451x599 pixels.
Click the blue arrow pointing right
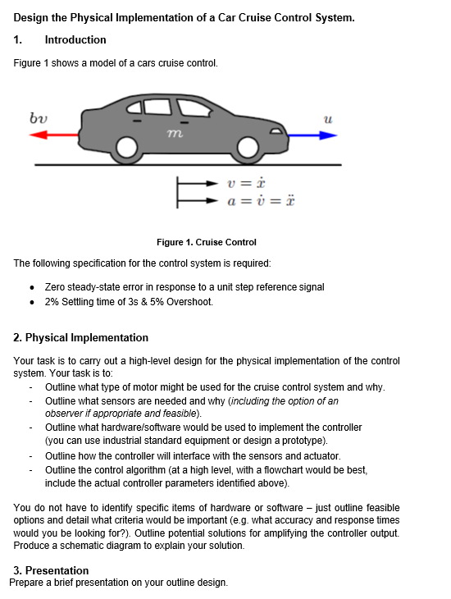coord(312,136)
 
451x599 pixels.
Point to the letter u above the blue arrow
coord(326,120)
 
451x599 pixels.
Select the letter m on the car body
coord(173,132)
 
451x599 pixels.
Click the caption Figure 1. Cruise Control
coord(206,242)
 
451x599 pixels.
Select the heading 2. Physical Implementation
coord(81,337)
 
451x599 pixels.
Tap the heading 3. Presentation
coord(51,570)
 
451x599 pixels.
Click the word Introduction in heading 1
coord(75,39)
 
